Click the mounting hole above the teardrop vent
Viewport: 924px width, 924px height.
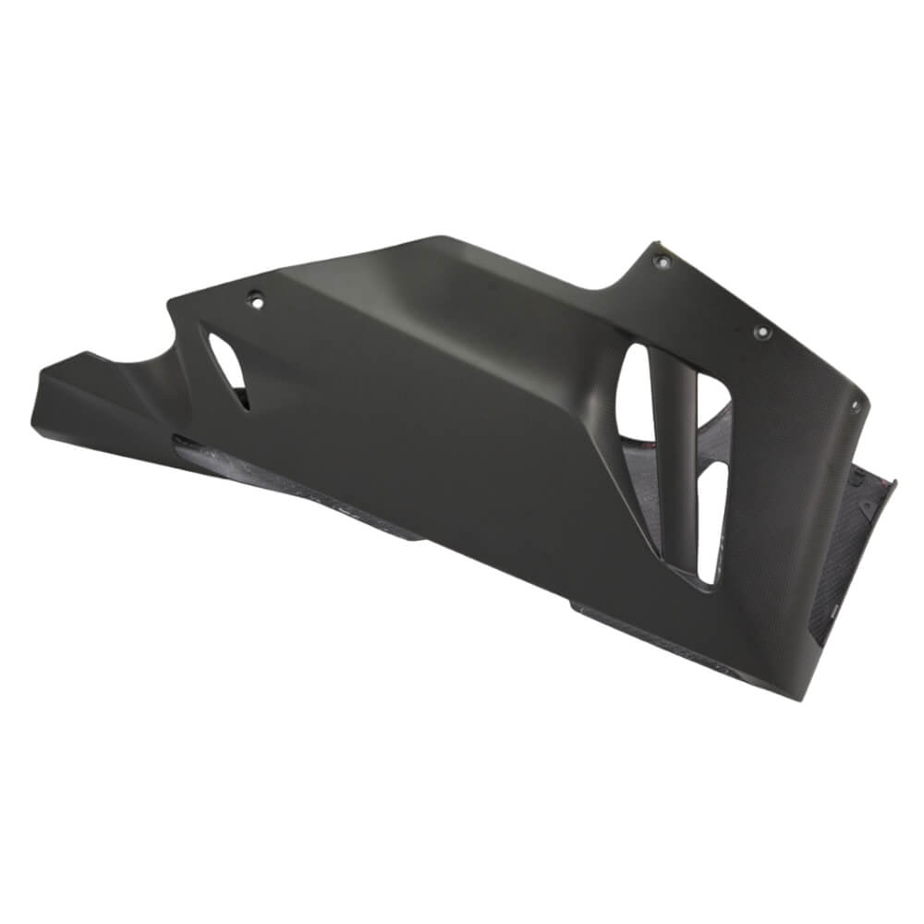[x=256, y=298]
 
